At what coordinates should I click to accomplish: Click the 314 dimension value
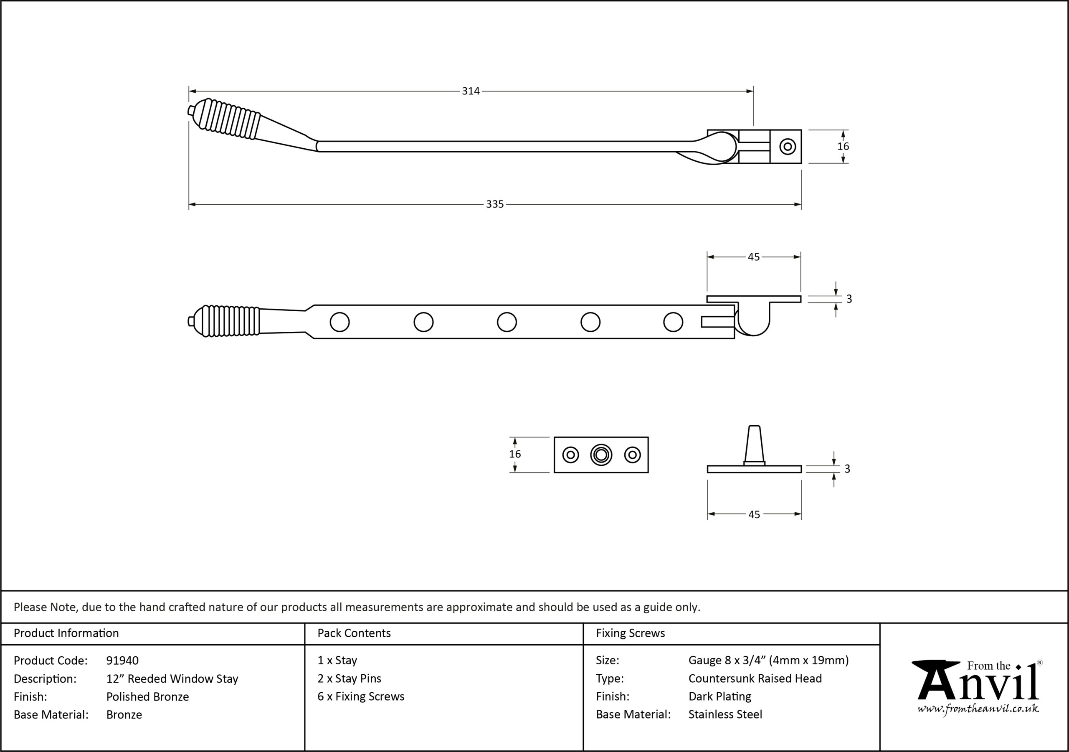[x=471, y=91]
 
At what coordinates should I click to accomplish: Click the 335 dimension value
[x=494, y=204]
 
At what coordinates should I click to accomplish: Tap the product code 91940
[x=122, y=660]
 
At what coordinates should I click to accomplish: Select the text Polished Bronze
[x=147, y=696]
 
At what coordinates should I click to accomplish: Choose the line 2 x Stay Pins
[x=349, y=678]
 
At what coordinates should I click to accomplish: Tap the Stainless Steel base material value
[x=725, y=714]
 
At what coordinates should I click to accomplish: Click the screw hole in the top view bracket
[x=787, y=146]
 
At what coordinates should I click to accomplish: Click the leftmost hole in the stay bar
[x=339, y=322]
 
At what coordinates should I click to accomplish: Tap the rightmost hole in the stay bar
[x=673, y=322]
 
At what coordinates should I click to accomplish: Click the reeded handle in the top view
[x=226, y=119]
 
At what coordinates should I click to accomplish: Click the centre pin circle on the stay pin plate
[x=601, y=455]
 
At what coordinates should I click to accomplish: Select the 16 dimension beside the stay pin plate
[x=515, y=454]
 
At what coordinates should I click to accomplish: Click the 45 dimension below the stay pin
[x=754, y=514]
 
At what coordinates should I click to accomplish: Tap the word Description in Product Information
[x=45, y=678]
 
